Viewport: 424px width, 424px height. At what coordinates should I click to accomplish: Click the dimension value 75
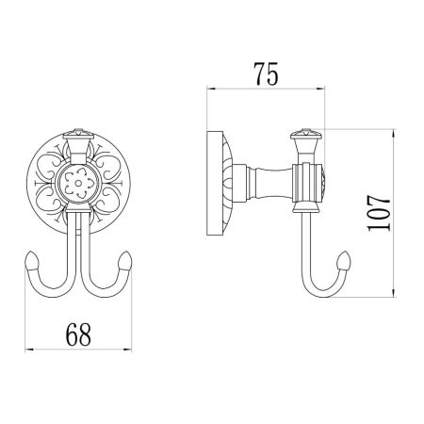pyautogui.click(x=266, y=74)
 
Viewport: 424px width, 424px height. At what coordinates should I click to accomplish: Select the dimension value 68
pyautogui.click(x=78, y=334)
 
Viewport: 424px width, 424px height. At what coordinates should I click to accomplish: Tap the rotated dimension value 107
pyautogui.click(x=379, y=213)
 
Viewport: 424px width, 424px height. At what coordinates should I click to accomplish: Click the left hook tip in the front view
pyautogui.click(x=32, y=260)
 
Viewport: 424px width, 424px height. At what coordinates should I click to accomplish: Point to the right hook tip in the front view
pyautogui.click(x=125, y=260)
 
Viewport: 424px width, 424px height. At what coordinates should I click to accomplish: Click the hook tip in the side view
pyautogui.click(x=344, y=260)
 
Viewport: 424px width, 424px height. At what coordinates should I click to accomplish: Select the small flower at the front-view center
pyautogui.click(x=78, y=184)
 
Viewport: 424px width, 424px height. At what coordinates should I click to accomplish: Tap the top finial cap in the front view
pyautogui.click(x=78, y=134)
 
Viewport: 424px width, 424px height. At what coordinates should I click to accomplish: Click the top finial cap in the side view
pyautogui.click(x=306, y=134)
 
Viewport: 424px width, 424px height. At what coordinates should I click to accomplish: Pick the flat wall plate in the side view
pyautogui.click(x=215, y=183)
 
